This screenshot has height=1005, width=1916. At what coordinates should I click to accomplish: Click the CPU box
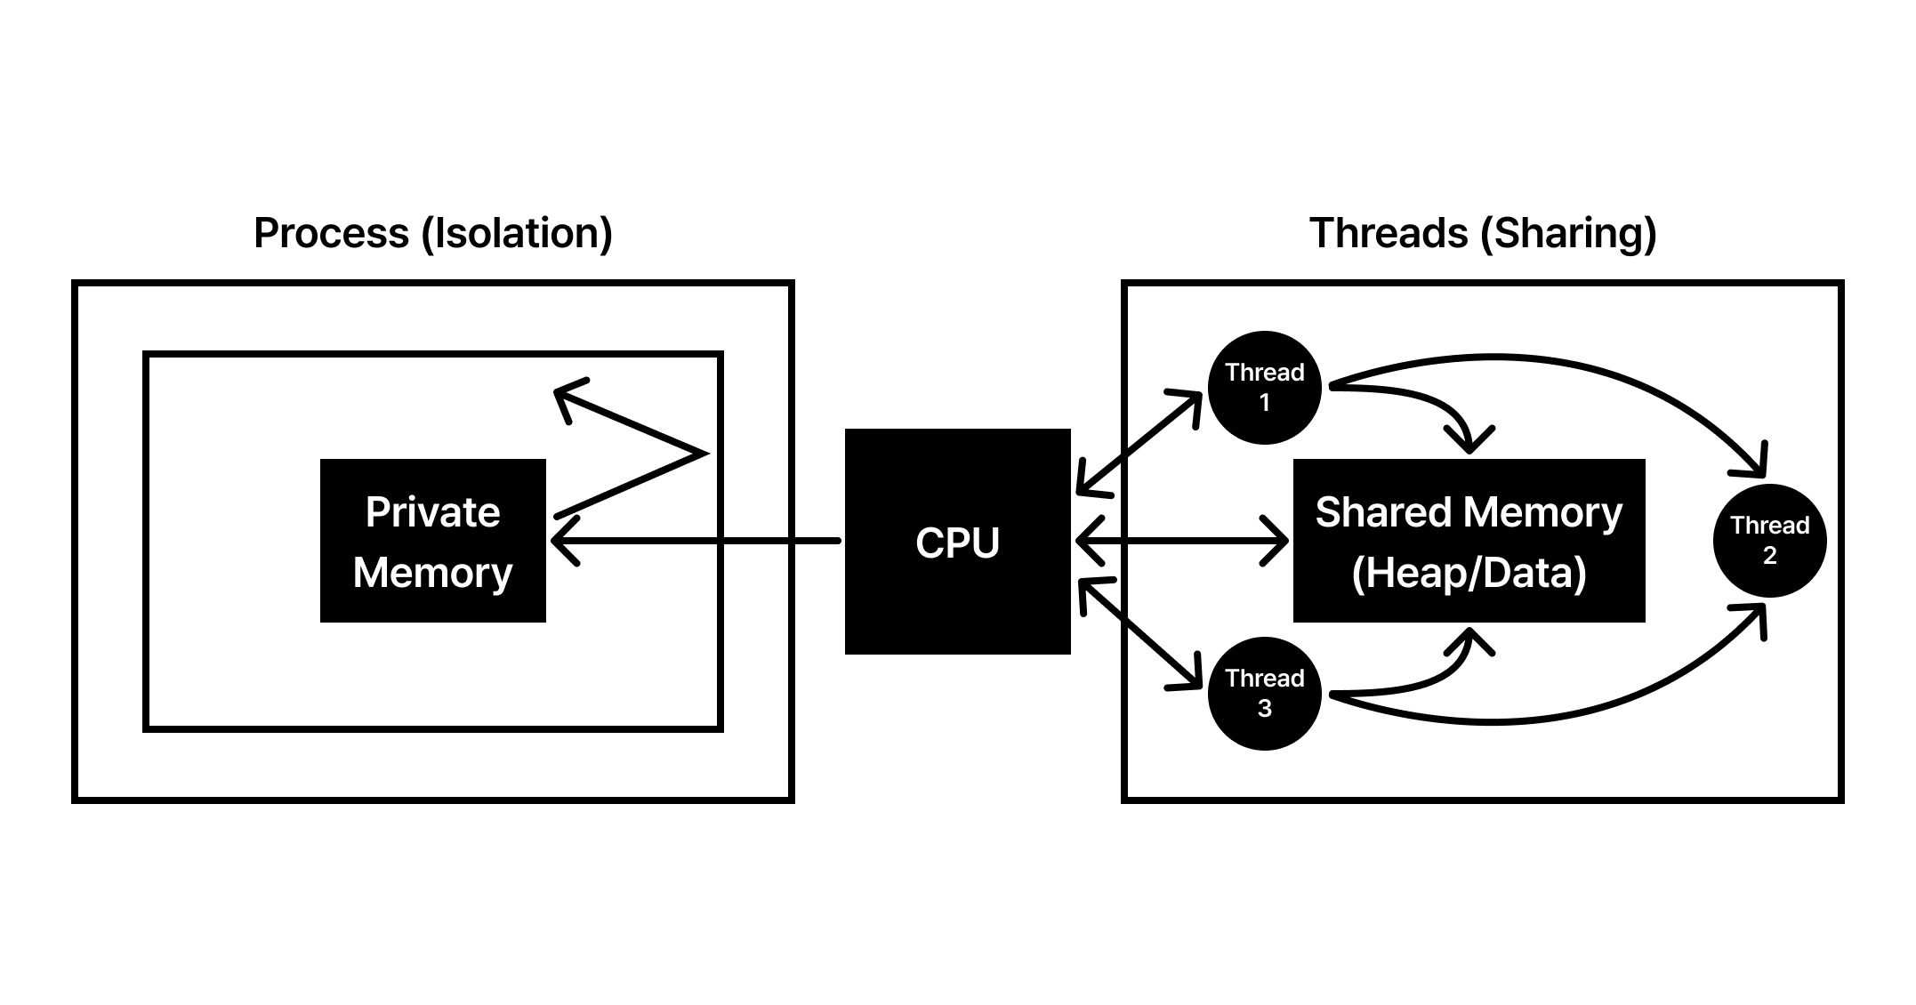957,542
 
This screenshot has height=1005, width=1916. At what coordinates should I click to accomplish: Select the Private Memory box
432,541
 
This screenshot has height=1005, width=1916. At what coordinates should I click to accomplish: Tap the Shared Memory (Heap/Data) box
1469,541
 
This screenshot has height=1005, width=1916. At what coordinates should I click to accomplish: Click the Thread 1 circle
1264,388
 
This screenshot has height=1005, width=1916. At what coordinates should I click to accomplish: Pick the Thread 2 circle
1769,540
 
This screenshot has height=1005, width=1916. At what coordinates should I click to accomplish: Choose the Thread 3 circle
1264,694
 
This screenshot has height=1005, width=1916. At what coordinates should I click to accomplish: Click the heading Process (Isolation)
433,233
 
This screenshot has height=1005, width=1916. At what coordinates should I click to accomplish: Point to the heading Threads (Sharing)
1483,233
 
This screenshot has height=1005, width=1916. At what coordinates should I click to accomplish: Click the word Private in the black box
432,512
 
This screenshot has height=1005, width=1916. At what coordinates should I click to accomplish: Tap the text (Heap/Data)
1469,572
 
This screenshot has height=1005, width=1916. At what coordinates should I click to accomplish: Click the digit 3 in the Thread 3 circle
1264,709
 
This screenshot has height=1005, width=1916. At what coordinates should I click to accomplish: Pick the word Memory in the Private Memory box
432,573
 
